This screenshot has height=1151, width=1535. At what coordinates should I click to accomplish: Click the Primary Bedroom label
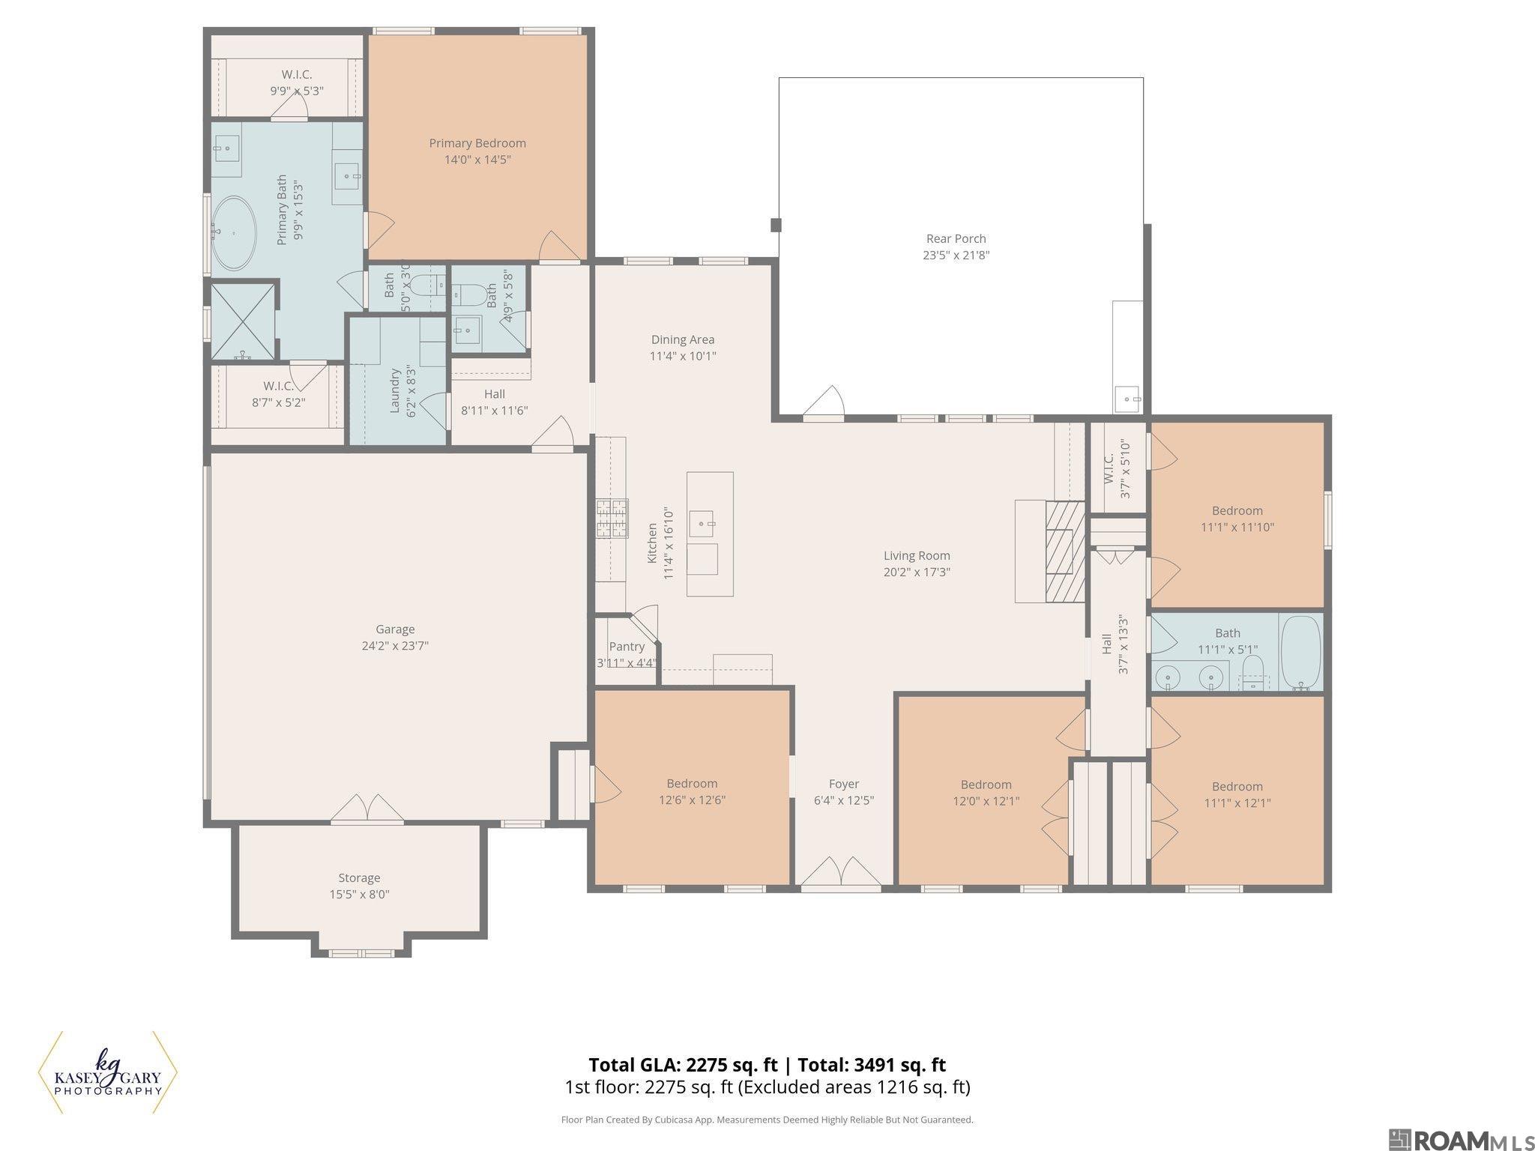pos(477,143)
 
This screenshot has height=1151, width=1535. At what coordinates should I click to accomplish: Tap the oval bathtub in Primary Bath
pos(233,233)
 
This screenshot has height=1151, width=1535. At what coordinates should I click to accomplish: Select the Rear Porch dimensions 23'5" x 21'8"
pos(956,256)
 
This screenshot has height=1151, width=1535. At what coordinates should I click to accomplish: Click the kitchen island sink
pos(702,523)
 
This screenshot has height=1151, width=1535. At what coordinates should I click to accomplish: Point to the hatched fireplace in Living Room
pos(1064,551)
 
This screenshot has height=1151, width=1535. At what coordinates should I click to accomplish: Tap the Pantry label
pos(627,647)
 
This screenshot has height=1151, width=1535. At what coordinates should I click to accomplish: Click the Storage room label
pos(359,877)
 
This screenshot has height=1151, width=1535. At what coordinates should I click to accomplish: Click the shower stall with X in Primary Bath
pos(241,321)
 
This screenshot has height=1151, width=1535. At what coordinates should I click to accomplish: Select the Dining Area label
pos(682,339)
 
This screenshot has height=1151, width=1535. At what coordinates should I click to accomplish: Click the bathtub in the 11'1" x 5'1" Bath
pos(1300,652)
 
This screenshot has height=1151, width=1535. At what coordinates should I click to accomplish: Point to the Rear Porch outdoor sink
pos(1127,399)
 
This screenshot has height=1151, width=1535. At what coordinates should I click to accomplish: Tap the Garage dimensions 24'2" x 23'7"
pos(395,646)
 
